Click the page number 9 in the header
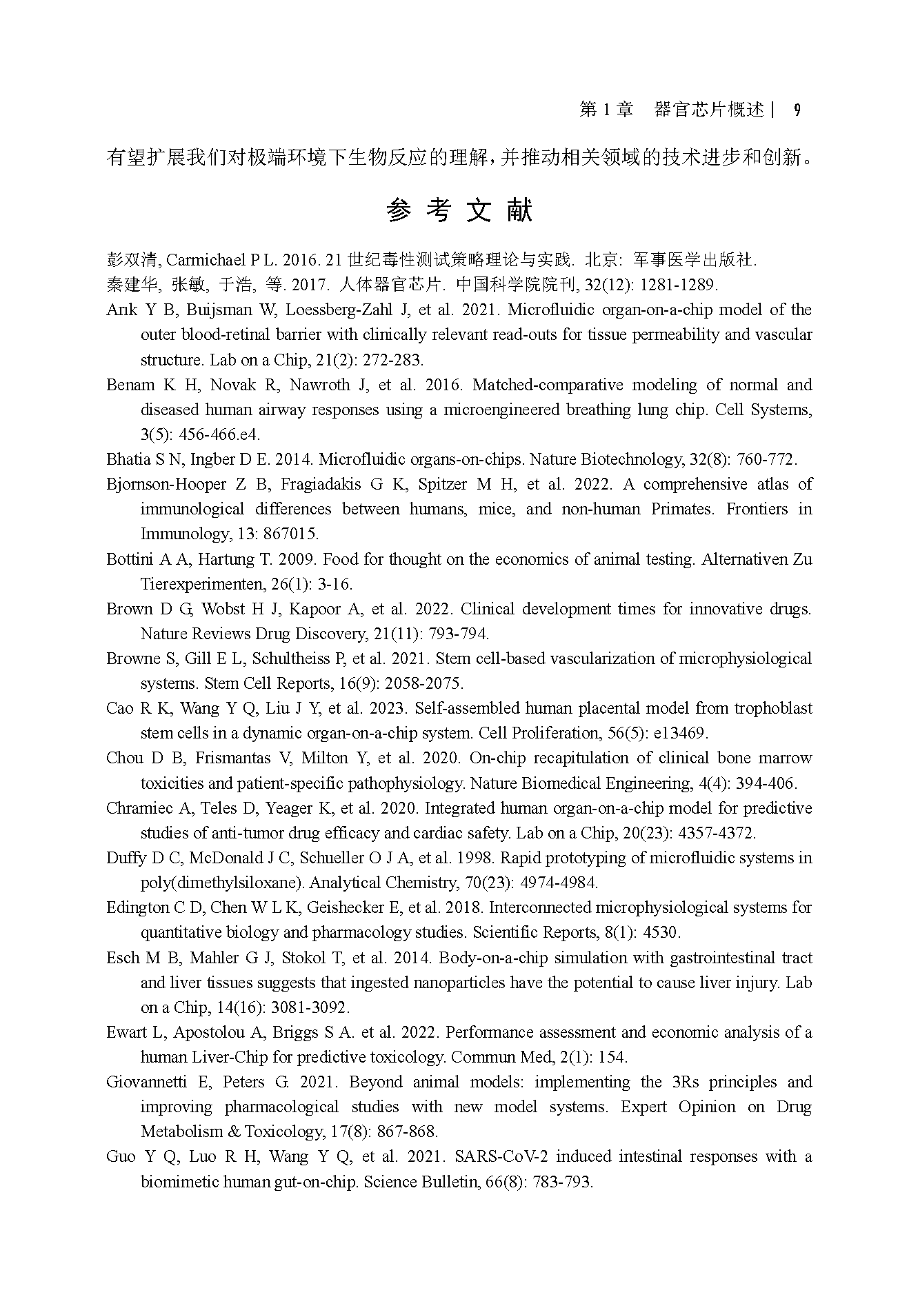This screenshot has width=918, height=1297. pos(797,110)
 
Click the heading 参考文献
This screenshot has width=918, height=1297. pos(459,211)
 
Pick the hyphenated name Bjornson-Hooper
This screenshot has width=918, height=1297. pos(166,484)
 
